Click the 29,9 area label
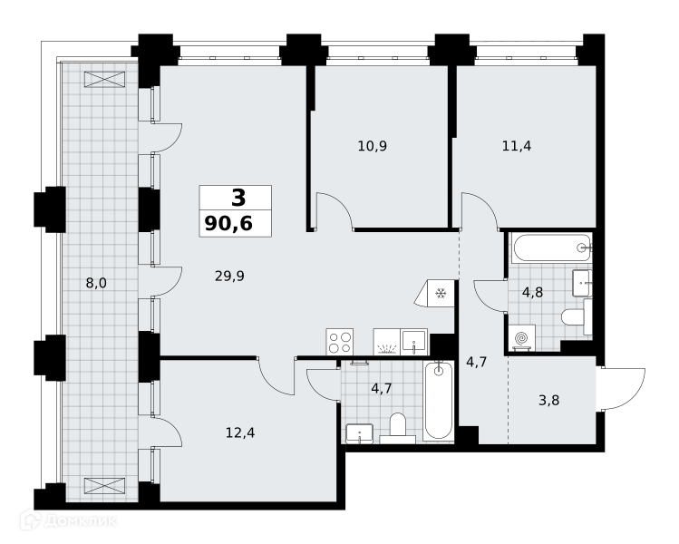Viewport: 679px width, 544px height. (x=229, y=276)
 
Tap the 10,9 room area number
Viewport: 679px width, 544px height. (x=373, y=146)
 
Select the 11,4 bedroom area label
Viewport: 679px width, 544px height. (x=517, y=146)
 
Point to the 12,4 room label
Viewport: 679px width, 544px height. (x=240, y=432)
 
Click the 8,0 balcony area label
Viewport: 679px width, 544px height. (x=96, y=283)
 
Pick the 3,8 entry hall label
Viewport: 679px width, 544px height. (x=549, y=400)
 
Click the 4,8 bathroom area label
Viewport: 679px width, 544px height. (x=533, y=292)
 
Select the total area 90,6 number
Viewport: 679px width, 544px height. (x=228, y=223)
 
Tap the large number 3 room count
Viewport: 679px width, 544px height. (x=238, y=198)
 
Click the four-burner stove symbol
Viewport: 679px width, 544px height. (x=340, y=342)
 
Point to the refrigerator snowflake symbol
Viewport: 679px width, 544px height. (x=441, y=294)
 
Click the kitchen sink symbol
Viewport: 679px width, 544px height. (x=414, y=342)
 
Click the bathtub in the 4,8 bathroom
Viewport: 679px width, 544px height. (x=551, y=248)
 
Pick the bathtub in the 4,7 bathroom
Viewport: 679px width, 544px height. (x=439, y=401)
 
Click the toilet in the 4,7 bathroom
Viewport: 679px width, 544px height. (x=398, y=428)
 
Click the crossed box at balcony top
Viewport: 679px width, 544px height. (x=105, y=80)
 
